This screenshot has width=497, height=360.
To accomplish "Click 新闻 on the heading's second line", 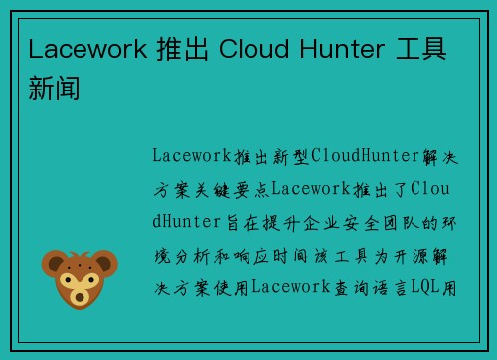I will [x=55, y=89].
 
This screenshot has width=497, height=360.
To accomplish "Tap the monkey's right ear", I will [x=106, y=262].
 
